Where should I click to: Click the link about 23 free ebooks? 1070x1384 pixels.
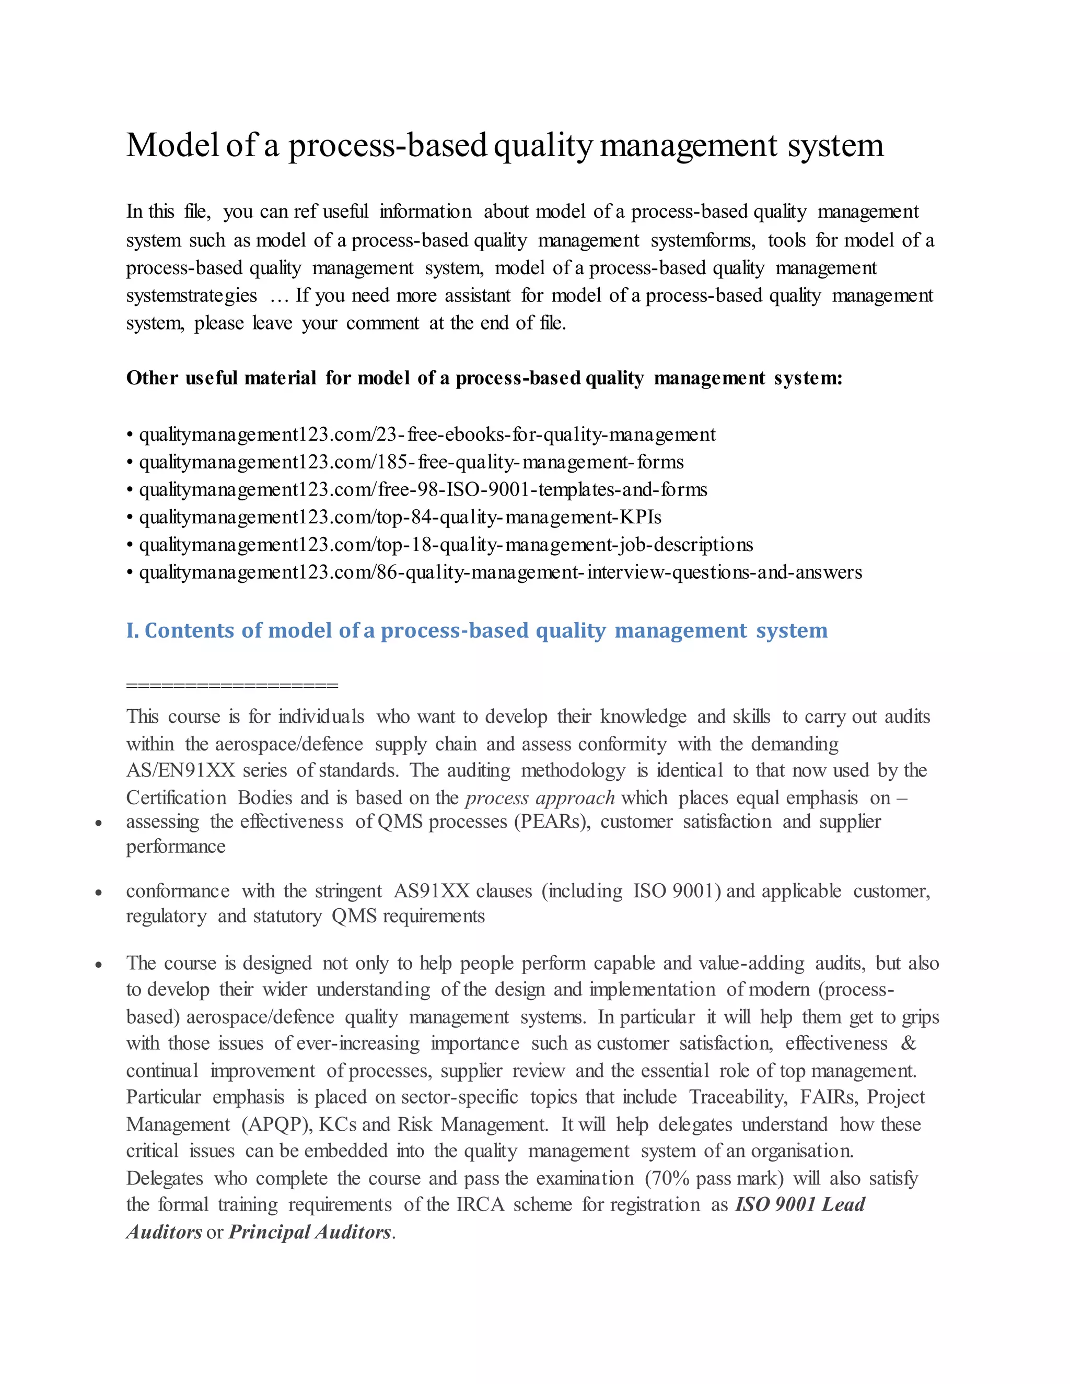click(x=427, y=435)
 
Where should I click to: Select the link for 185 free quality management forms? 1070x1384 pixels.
click(x=411, y=462)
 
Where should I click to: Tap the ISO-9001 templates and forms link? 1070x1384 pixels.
click(x=423, y=490)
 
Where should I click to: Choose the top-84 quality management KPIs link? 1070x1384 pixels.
click(x=400, y=517)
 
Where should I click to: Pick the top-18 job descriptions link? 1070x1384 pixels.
click(x=446, y=545)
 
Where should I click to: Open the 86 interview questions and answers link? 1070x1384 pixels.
click(x=500, y=572)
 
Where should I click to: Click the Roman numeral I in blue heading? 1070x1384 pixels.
click(x=131, y=630)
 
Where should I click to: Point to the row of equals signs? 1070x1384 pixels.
click(x=232, y=685)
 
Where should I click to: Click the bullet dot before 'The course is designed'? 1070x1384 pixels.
click(x=98, y=965)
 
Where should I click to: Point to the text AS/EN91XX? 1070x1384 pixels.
click(x=180, y=770)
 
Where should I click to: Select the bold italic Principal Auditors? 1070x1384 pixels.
click(x=309, y=1232)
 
